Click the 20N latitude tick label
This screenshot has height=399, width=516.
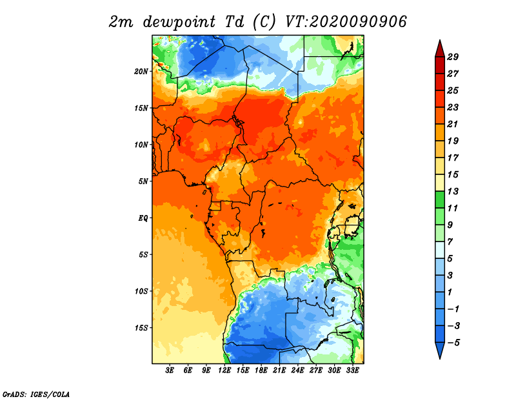(x=141, y=72)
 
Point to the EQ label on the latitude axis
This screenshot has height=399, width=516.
(x=143, y=218)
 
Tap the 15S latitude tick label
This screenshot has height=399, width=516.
(x=141, y=328)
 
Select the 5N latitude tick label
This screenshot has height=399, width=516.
(x=143, y=181)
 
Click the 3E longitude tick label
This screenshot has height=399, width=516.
(x=170, y=371)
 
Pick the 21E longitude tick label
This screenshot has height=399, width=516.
(x=279, y=371)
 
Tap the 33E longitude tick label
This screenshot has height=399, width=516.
(x=352, y=371)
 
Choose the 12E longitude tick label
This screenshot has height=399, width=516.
(x=224, y=371)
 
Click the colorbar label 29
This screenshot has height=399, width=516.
(x=453, y=57)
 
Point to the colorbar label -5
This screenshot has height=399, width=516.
(x=453, y=343)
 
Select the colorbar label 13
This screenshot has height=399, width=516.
(x=453, y=191)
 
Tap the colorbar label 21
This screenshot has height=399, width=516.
(x=453, y=124)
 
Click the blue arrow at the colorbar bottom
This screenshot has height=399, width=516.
(x=440, y=350)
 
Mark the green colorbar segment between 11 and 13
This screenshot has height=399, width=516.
(x=440, y=200)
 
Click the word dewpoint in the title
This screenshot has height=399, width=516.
(x=179, y=23)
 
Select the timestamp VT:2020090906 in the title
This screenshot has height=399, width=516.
(x=346, y=22)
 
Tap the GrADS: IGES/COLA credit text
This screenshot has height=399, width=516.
(x=36, y=394)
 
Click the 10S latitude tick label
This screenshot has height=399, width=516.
(x=141, y=291)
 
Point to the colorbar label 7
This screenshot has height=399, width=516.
(x=450, y=242)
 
